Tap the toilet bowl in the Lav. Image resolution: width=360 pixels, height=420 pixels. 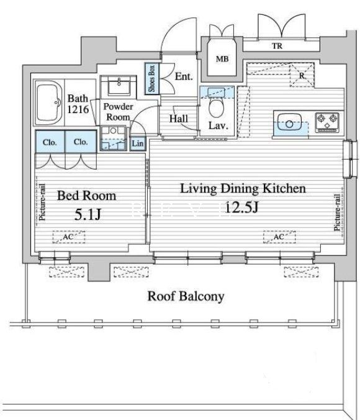pyautogui.click(x=216, y=108)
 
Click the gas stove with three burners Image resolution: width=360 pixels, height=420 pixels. pyautogui.click(x=327, y=122)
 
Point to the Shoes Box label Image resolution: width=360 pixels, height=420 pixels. pyautogui.click(x=152, y=78)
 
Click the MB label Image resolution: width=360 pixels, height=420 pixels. pyautogui.click(x=222, y=58)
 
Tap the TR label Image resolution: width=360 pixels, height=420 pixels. pyautogui.click(x=277, y=46)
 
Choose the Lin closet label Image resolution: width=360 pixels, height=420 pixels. pyautogui.click(x=138, y=144)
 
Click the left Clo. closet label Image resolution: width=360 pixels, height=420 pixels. pyautogui.click(x=50, y=142)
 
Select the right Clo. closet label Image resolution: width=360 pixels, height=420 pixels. pyautogui.click(x=81, y=142)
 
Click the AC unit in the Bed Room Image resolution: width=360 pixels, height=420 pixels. pyautogui.click(x=69, y=237)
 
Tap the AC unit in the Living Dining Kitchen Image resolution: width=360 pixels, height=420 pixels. pyautogui.click(x=279, y=237)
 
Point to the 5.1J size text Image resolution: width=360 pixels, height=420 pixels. pyautogui.click(x=88, y=214)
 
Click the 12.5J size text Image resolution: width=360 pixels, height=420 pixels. pyautogui.click(x=242, y=207)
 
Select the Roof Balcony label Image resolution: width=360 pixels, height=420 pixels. pyautogui.click(x=186, y=296)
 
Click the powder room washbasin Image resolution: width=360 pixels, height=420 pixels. pyautogui.click(x=119, y=86)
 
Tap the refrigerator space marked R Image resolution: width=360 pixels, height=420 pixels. pyautogui.click(x=302, y=75)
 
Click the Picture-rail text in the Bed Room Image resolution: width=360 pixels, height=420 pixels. pyautogui.click(x=42, y=202)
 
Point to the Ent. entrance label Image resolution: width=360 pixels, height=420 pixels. pyautogui.click(x=184, y=76)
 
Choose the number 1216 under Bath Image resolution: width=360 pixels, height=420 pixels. pyautogui.click(x=78, y=109)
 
